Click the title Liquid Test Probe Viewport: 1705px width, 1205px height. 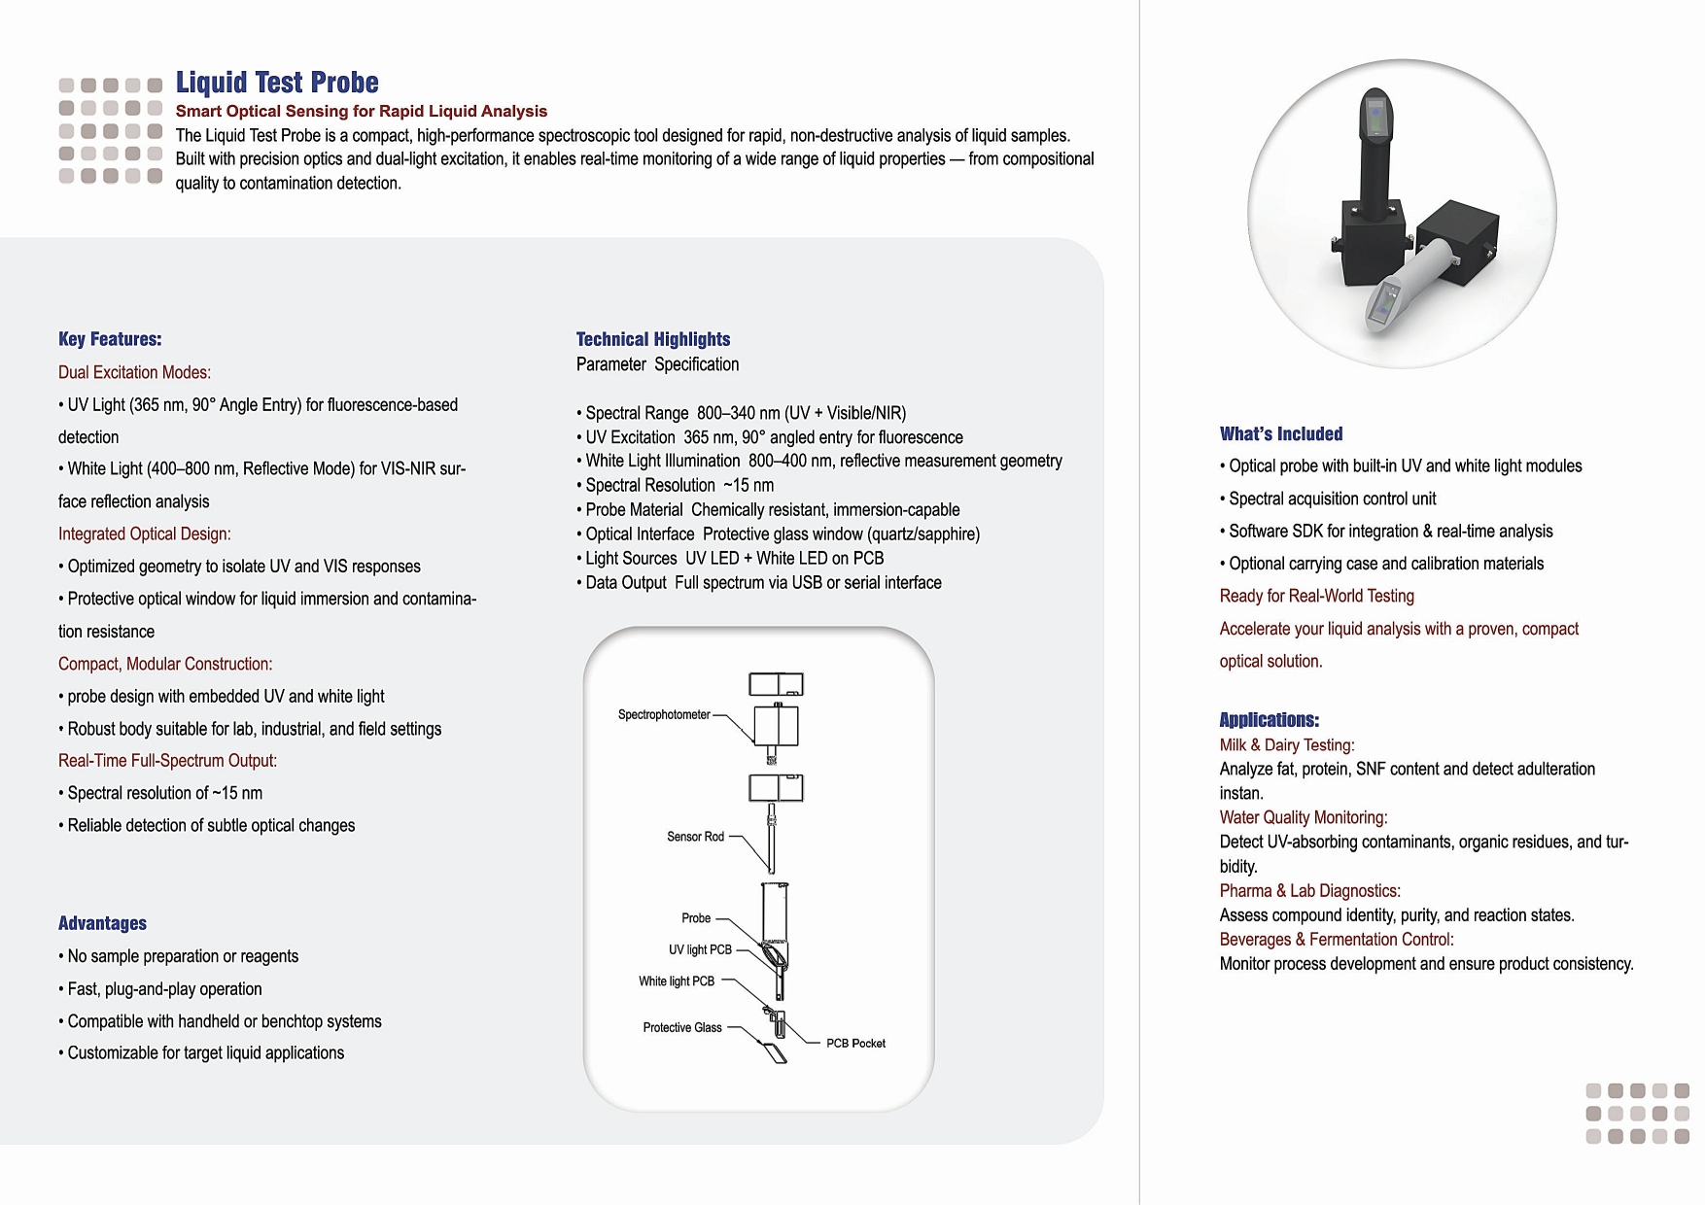[x=277, y=83]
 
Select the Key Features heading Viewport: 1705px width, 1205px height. [x=110, y=339]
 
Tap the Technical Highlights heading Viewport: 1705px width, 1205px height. [x=653, y=339]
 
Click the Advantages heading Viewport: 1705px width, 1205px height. [x=102, y=923]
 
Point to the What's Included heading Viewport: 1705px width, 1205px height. [x=1281, y=434]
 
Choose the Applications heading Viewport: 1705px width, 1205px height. [x=1269, y=720]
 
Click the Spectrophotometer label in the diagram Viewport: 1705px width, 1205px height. [x=664, y=715]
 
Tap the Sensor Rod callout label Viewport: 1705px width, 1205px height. [x=695, y=837]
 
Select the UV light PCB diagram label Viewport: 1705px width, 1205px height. [x=700, y=949]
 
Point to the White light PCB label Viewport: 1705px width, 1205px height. [x=677, y=981]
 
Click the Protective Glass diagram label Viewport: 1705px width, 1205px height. [x=682, y=1028]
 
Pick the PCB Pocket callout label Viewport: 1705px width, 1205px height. [x=855, y=1044]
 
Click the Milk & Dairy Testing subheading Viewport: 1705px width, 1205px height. [x=1287, y=745]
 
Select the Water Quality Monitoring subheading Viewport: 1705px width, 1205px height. [x=1304, y=818]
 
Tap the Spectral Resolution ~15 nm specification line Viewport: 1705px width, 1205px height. [x=679, y=486]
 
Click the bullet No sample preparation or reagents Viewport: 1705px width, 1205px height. [x=183, y=956]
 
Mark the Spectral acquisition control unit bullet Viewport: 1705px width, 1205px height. [x=1332, y=499]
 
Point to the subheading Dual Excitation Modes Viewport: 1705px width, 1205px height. [x=134, y=372]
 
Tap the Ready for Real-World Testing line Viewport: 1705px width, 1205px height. [x=1317, y=597]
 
